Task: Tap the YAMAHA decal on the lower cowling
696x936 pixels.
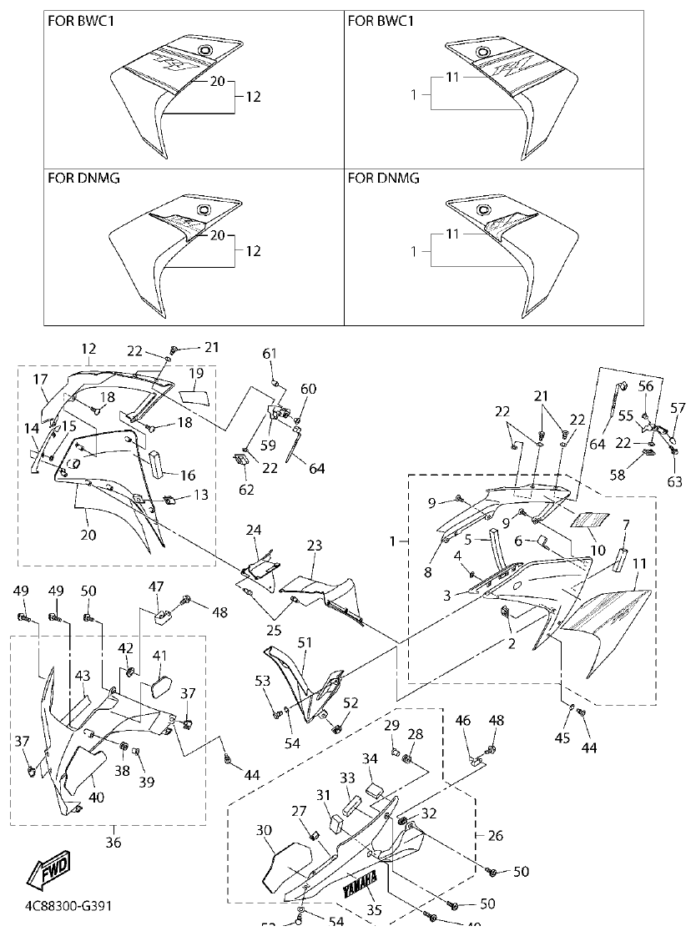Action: click(362, 883)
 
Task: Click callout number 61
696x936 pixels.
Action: click(270, 355)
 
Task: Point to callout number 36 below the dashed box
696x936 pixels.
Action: click(113, 842)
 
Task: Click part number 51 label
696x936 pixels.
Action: click(305, 642)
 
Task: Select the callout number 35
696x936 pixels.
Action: click(374, 910)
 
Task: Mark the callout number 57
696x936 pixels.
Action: click(678, 408)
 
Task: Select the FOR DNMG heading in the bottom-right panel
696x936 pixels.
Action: click(384, 179)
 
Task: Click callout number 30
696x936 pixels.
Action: click(264, 830)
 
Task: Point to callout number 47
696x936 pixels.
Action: click(155, 587)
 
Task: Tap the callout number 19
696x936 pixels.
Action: click(196, 372)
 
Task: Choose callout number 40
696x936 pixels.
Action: click(97, 797)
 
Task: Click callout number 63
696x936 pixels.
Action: click(674, 481)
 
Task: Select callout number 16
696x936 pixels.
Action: click(188, 475)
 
